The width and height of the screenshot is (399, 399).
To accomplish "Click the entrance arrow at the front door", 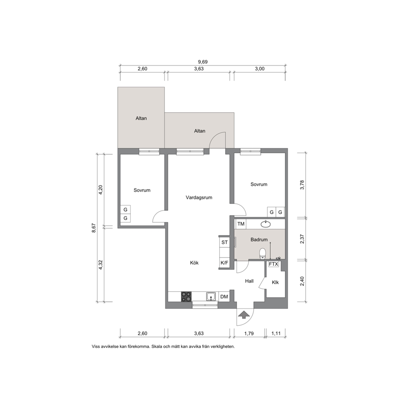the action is (x=244, y=315).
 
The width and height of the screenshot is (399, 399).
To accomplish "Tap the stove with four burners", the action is (x=186, y=297).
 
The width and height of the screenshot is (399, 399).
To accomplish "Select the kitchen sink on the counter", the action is (x=211, y=297).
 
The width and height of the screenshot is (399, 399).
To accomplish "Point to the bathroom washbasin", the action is (x=265, y=224).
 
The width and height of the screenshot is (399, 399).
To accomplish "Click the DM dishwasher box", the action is (x=224, y=297).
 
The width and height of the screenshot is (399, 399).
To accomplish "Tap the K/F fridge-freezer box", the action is (x=224, y=263).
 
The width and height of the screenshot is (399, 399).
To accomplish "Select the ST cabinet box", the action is (x=224, y=242).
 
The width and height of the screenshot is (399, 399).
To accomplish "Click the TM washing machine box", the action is (x=241, y=224).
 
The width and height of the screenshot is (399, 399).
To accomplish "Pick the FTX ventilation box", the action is (x=274, y=264).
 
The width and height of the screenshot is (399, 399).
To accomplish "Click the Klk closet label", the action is (x=275, y=282).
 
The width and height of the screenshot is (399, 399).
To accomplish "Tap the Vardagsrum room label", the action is (x=199, y=197).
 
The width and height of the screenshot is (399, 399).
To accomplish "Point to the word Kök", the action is (x=194, y=263).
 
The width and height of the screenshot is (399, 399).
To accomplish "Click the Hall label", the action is (x=249, y=281).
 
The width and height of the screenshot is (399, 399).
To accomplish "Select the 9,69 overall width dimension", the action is (x=203, y=62).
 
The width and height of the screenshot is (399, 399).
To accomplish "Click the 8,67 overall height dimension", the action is (x=94, y=228).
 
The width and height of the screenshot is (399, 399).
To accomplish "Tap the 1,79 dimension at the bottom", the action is (x=249, y=333).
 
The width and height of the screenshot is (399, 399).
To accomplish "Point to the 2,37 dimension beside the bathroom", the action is (x=302, y=239).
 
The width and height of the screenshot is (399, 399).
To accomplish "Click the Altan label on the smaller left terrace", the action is (x=141, y=118).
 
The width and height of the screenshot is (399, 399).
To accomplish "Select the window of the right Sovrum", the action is (x=251, y=152).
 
